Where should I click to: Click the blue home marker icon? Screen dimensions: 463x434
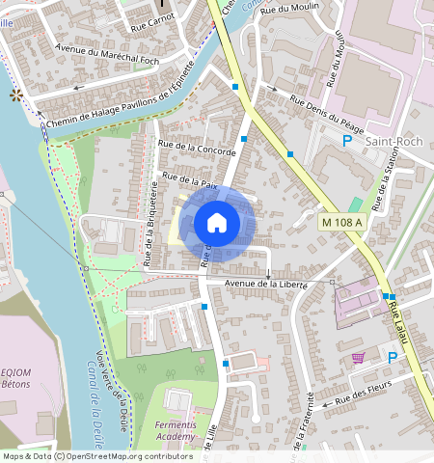pos(217,223)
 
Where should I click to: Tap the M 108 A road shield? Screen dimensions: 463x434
pos(342,223)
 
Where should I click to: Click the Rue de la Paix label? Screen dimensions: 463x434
pos(191,179)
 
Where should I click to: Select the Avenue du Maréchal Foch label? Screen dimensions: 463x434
pos(105,57)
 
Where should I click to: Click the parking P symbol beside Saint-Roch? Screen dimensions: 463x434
pos(347,141)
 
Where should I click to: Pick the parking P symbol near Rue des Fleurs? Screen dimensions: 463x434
pos(393,358)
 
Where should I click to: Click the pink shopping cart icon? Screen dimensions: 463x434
pos(359,357)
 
